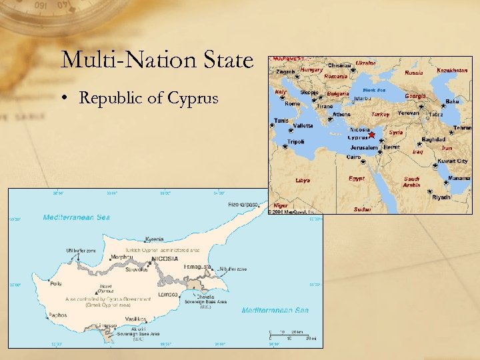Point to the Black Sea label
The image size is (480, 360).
pyautogui.click(x=374, y=89)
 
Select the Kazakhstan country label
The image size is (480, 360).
pyautogui.click(x=451, y=70)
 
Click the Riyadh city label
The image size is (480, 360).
pyautogui.click(x=441, y=197)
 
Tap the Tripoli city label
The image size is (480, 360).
pyautogui.click(x=296, y=141)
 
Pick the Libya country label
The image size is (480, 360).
pyautogui.click(x=303, y=180)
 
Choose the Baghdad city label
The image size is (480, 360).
pyautogui.click(x=433, y=139)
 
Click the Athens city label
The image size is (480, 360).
pyautogui.click(x=341, y=114)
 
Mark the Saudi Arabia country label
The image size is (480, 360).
pyautogui.click(x=413, y=182)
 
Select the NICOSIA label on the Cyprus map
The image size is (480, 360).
pyautogui.click(x=165, y=258)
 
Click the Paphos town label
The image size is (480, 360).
pyautogui.click(x=58, y=315)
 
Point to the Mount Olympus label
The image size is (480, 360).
pyautogui.click(x=105, y=289)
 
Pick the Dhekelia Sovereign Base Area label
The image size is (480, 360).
pyautogui.click(x=207, y=299)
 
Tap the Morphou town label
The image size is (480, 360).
pyautogui.click(x=121, y=257)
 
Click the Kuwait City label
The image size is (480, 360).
pyautogui.click(x=453, y=161)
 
